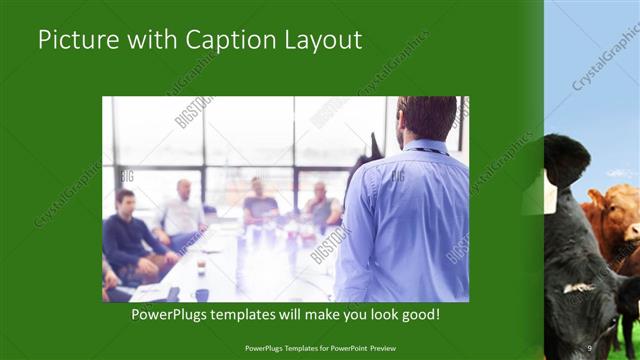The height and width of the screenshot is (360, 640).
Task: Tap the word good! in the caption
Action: [x=417, y=314]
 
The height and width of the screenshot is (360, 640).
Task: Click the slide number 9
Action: [x=590, y=347]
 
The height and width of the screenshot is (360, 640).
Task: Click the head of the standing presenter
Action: [x=426, y=118]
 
